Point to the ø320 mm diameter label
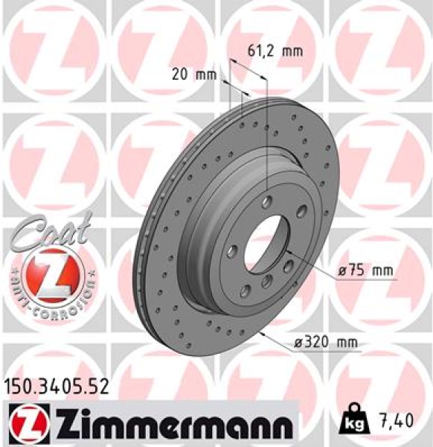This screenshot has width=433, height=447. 327,343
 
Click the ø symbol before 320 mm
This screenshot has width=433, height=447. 298,343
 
